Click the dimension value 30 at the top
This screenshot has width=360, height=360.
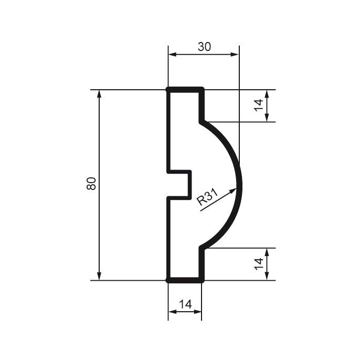click(x=204, y=46)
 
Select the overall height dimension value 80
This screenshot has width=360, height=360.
click(x=91, y=184)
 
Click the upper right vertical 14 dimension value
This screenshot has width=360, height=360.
click(x=258, y=105)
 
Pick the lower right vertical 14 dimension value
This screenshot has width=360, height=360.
click(x=258, y=264)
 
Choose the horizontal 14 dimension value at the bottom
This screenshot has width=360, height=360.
click(x=185, y=304)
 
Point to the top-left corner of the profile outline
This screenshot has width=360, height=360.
click(x=168, y=90)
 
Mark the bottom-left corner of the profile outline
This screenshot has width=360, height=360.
click(x=168, y=280)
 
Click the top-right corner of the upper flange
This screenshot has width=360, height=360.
click(x=202, y=90)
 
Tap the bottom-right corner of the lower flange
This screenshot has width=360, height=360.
click(x=202, y=280)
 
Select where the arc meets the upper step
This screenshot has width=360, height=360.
click(x=202, y=122)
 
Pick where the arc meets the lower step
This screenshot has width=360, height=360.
click(x=202, y=248)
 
